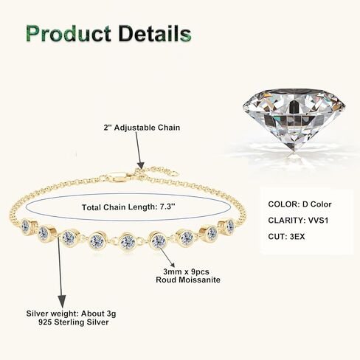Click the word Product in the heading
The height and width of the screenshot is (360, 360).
coord(69,33)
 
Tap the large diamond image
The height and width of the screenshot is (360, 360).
coord(294,120)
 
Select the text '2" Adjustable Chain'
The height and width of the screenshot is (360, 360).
coord(142,128)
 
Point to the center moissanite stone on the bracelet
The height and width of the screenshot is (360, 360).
coord(128,241)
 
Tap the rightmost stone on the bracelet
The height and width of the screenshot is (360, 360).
coord(229,225)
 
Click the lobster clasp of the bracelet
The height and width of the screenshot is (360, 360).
coord(119,177)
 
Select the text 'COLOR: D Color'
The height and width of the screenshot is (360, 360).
coord(300,204)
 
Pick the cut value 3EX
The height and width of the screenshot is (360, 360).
coord(297,237)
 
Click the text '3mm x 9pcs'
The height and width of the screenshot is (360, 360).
coord(186,271)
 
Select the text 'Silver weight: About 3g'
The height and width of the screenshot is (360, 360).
coord(71,314)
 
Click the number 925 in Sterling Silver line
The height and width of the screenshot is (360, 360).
coord(45,322)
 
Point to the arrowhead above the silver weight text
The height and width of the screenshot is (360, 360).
coord(61,300)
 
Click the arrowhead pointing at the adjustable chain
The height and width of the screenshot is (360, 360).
coord(140,165)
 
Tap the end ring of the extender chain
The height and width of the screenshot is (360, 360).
coord(175,173)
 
